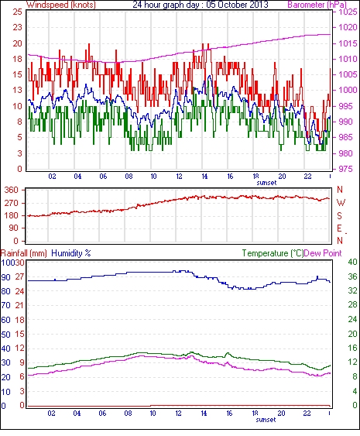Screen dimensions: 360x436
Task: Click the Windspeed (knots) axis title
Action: pos(61,5)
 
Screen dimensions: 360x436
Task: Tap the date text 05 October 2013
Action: pos(238,5)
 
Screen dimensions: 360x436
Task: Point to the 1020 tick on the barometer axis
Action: pos(348,28)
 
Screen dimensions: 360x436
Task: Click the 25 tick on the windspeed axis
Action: pos(18,12)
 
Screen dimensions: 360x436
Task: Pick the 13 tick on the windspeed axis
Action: pos(18,91)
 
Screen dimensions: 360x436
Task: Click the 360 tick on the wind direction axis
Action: pos(12,191)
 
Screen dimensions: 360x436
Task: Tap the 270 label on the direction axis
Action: pos(12,203)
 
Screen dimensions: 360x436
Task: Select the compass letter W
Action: pos(341,203)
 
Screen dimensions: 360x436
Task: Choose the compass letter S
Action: pos(339,216)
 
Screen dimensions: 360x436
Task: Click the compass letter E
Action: pos(339,228)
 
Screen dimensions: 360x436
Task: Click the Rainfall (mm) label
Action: pos(24,253)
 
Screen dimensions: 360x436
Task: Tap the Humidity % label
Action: pos(71,253)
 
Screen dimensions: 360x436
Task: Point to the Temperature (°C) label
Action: pos(273,253)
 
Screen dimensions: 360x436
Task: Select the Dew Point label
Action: pos(323,253)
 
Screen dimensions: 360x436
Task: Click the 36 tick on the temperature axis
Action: pos(352,276)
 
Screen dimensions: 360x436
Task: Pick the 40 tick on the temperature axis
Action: pos(352,262)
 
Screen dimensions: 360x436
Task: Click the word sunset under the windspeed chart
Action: pos(266,183)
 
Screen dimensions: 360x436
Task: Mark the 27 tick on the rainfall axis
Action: pos(21,277)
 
